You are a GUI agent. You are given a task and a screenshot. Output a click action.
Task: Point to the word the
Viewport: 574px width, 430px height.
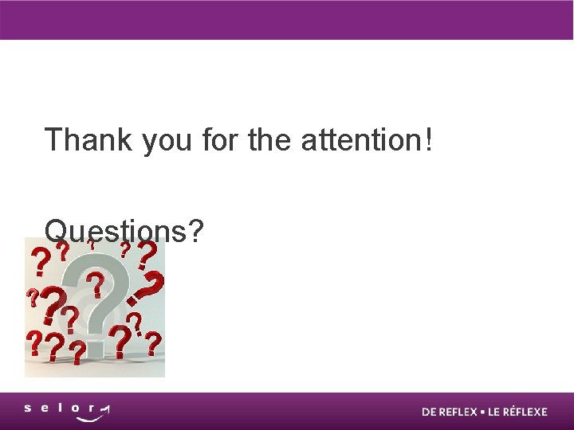[x=270, y=140]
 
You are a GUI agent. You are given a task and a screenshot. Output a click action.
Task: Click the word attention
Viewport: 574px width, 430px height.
[x=362, y=140]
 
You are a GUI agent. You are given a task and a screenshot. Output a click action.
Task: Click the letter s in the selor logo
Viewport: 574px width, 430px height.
[x=28, y=408]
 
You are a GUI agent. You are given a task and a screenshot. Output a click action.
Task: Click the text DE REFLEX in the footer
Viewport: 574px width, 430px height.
[x=449, y=412]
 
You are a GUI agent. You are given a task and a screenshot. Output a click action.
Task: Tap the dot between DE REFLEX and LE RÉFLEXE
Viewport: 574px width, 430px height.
[x=482, y=412]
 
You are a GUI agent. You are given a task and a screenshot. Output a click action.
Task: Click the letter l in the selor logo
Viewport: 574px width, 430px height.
[x=61, y=408]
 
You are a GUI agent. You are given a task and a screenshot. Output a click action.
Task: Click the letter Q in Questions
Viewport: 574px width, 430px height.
[x=57, y=232]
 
